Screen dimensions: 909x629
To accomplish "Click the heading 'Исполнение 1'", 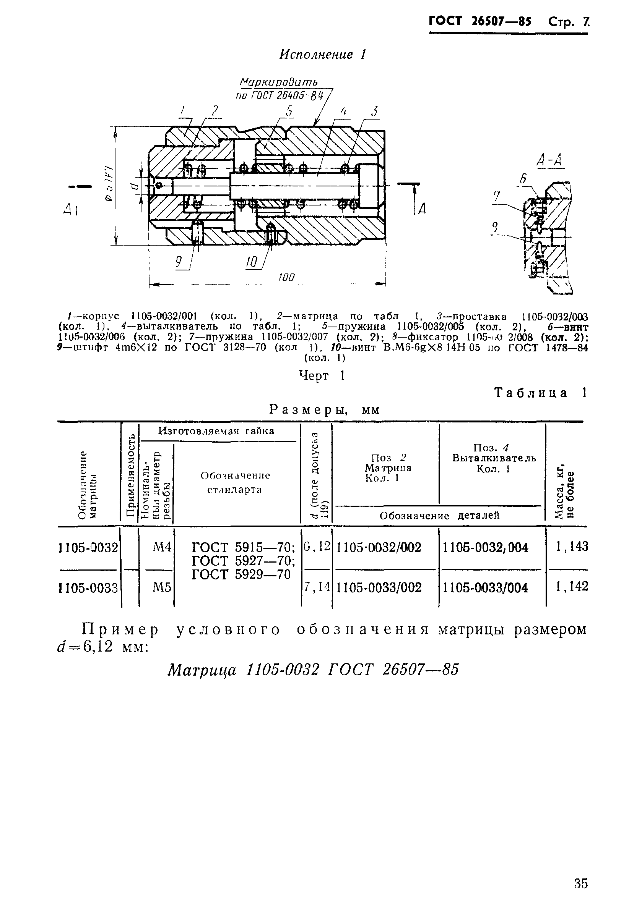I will pos(323,54).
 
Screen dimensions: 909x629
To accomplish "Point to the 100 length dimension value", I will pos(286,277).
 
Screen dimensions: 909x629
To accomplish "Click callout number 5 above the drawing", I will pos(289,112).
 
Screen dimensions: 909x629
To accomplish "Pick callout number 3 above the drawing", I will pos(374,112).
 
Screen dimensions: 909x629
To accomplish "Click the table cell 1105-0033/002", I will pos(379,588).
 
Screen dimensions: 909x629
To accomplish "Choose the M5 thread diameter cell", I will pos(162,588).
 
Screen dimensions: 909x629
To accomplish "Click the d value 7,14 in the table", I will pos(317,587).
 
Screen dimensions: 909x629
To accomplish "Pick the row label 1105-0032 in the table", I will pos(88,548).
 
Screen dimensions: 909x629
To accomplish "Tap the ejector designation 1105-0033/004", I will pos(485,588).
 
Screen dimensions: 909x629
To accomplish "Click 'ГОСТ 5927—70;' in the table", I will pos(243,561).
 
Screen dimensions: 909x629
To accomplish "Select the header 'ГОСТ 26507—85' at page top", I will pos(480,21).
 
